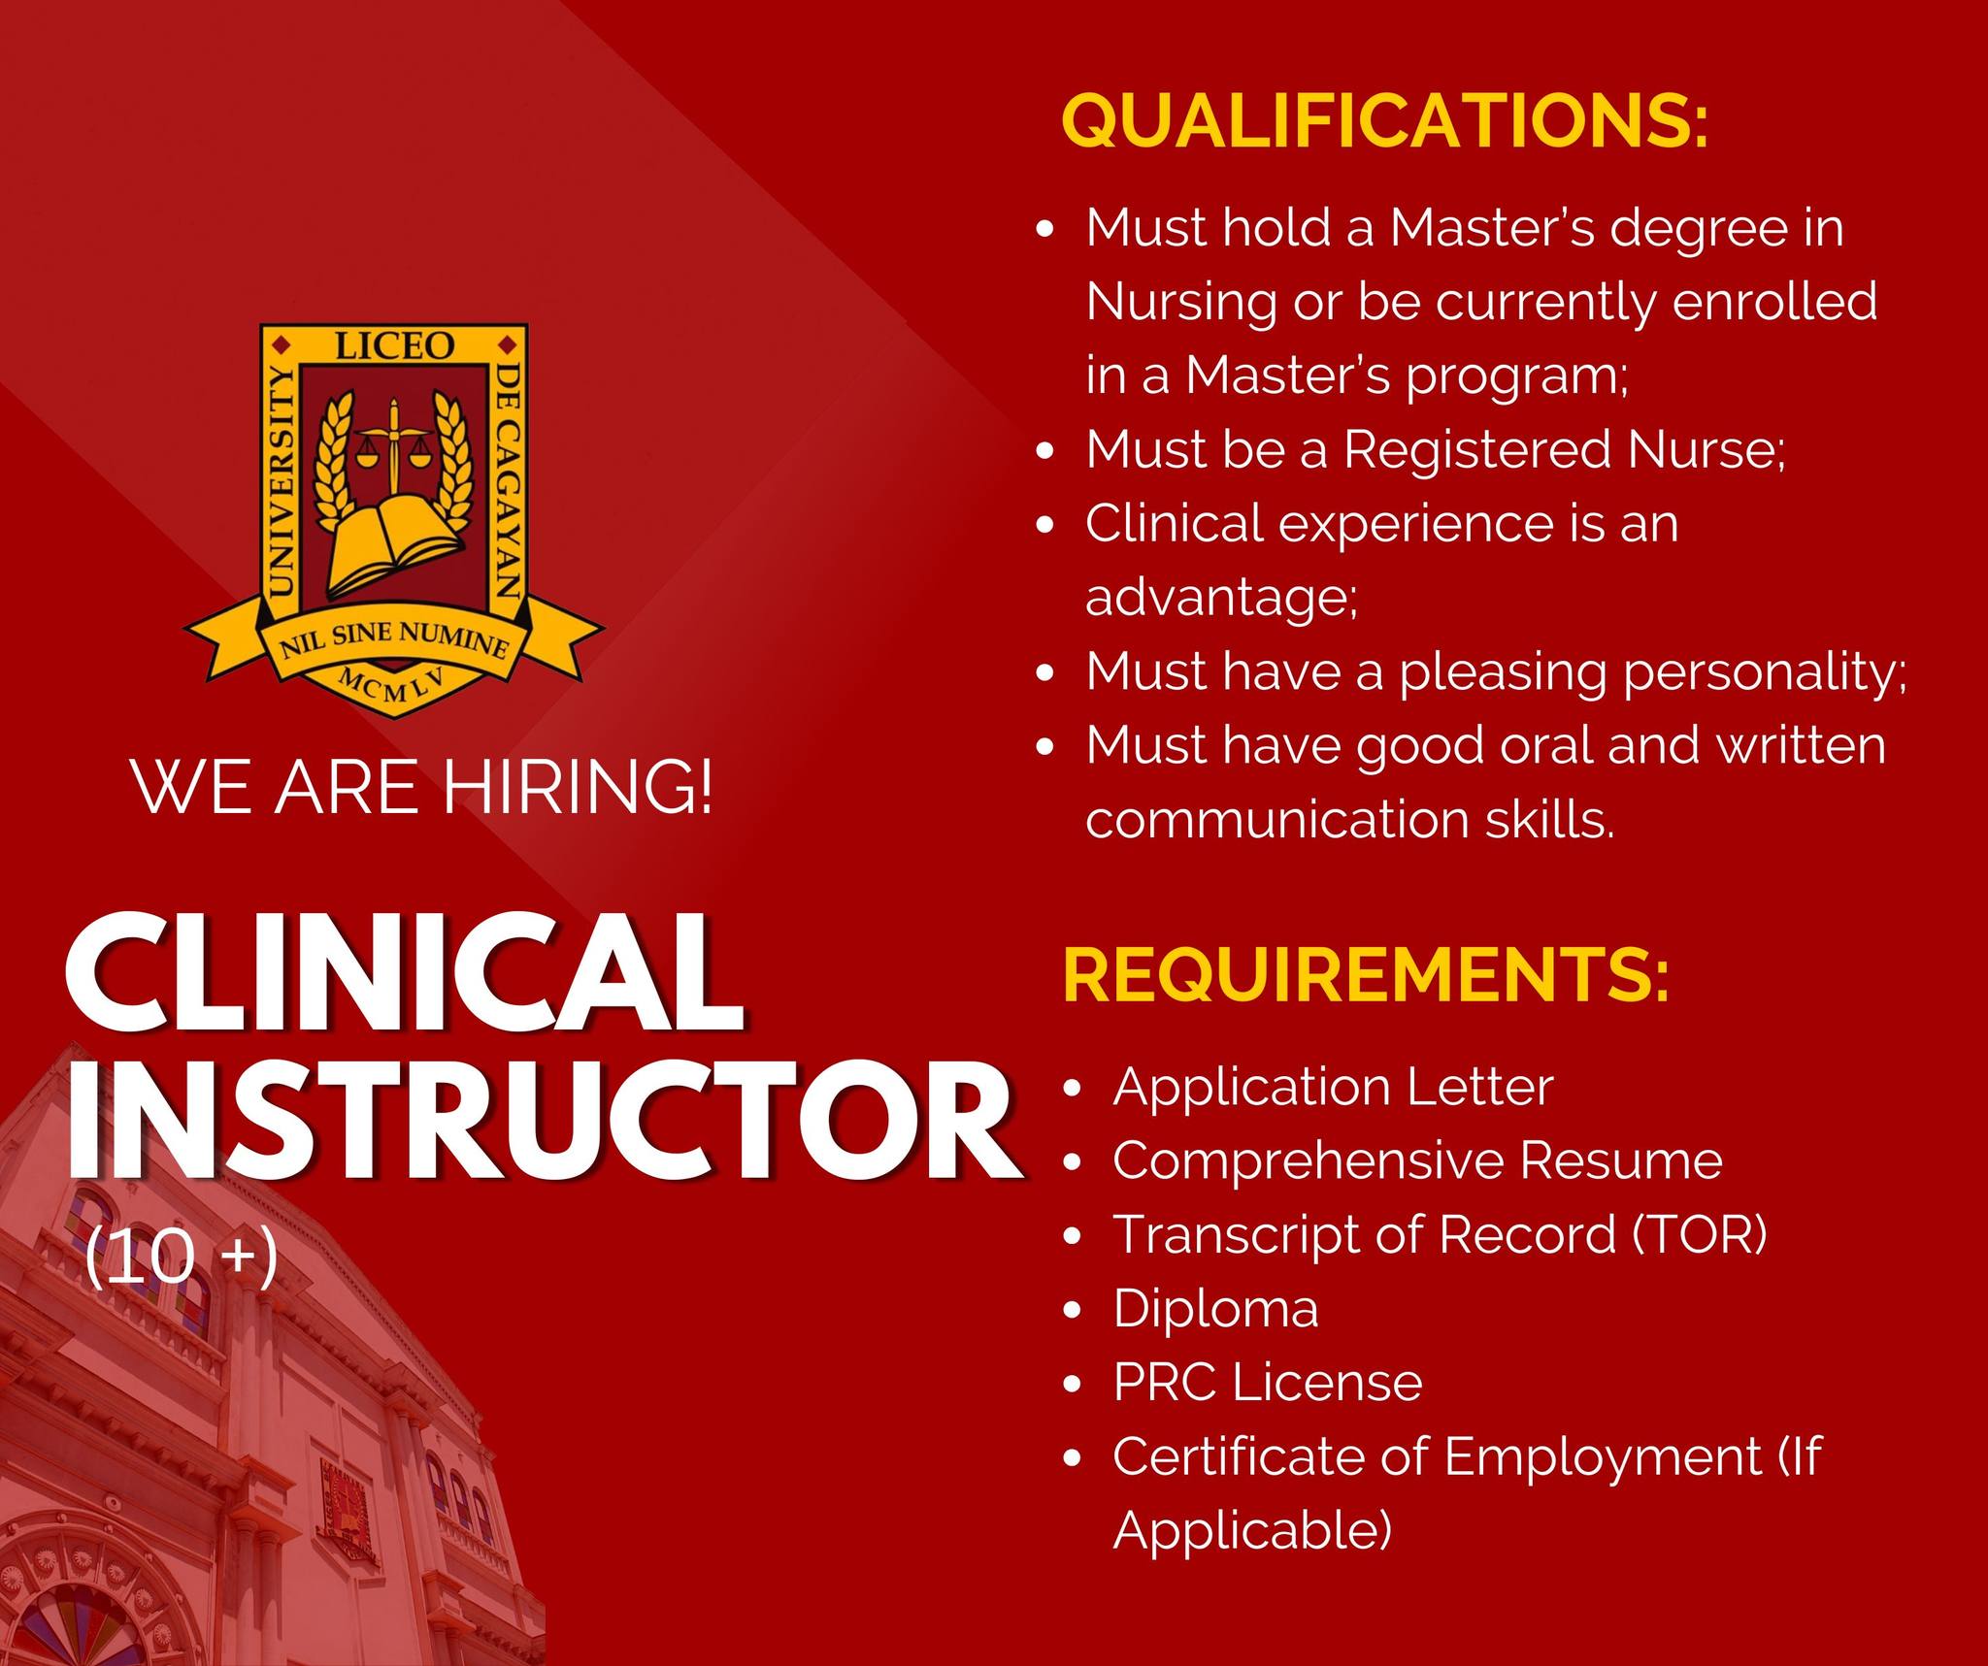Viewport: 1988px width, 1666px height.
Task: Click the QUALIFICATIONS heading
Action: click(x=1385, y=121)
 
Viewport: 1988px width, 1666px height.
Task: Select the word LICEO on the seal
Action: click(x=394, y=344)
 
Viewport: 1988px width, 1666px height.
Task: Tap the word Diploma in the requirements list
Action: click(x=1215, y=1309)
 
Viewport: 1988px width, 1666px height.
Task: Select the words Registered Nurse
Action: click(x=1564, y=449)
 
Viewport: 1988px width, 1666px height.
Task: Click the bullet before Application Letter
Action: click(x=1073, y=1089)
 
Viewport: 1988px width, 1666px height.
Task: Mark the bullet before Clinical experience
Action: click(x=1045, y=526)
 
